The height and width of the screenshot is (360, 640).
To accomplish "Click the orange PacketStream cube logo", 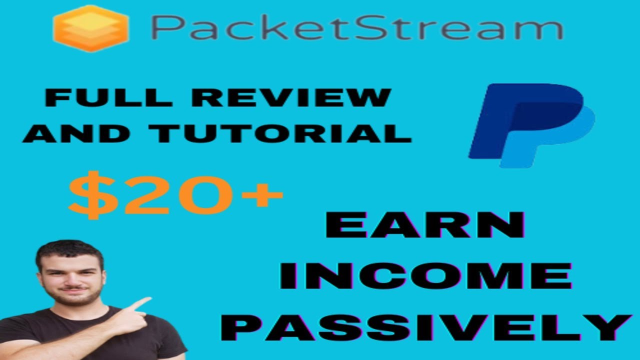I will [90, 28].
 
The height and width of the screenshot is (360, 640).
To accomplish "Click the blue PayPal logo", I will [531, 125].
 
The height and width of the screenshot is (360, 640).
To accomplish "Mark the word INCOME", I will [425, 276].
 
